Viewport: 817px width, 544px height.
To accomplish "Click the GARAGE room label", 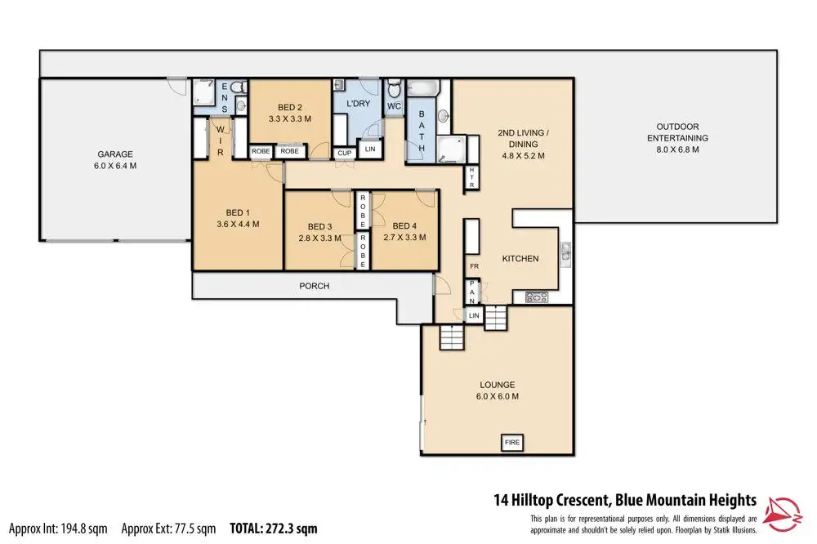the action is coord(115,154).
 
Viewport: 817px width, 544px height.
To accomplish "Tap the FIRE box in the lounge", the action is coord(512,443).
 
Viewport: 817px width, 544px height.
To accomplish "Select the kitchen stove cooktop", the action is coord(536,297).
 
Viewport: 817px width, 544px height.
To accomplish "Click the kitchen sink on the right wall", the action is coord(565,255).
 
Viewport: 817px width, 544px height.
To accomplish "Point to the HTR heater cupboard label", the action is coord(472,177).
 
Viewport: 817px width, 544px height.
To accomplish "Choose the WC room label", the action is coord(394,106).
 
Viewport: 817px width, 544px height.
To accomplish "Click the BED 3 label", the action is coord(320,227).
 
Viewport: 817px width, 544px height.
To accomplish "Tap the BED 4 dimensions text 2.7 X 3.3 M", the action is coord(405,237).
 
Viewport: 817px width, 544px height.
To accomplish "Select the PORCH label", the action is coord(315,286).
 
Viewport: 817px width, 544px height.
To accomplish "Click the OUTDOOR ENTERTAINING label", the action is coord(677,132).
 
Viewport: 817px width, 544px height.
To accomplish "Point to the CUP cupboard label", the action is coord(345,154).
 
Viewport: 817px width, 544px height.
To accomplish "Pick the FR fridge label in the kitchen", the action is coord(474,266).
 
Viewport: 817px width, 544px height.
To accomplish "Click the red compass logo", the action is coord(782,515).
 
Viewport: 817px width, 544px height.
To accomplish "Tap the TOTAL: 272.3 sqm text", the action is coord(274,529).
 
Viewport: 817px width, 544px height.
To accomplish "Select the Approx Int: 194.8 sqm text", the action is coord(58,529).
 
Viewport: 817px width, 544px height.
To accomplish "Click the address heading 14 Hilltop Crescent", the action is coord(551,501).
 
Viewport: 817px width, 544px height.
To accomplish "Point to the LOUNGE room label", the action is coord(497,385).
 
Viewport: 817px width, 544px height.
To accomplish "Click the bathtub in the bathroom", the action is coord(423,87).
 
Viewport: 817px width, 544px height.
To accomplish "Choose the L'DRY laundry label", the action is coord(359,104).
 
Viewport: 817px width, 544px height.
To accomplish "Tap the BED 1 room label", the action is coord(238,212).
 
